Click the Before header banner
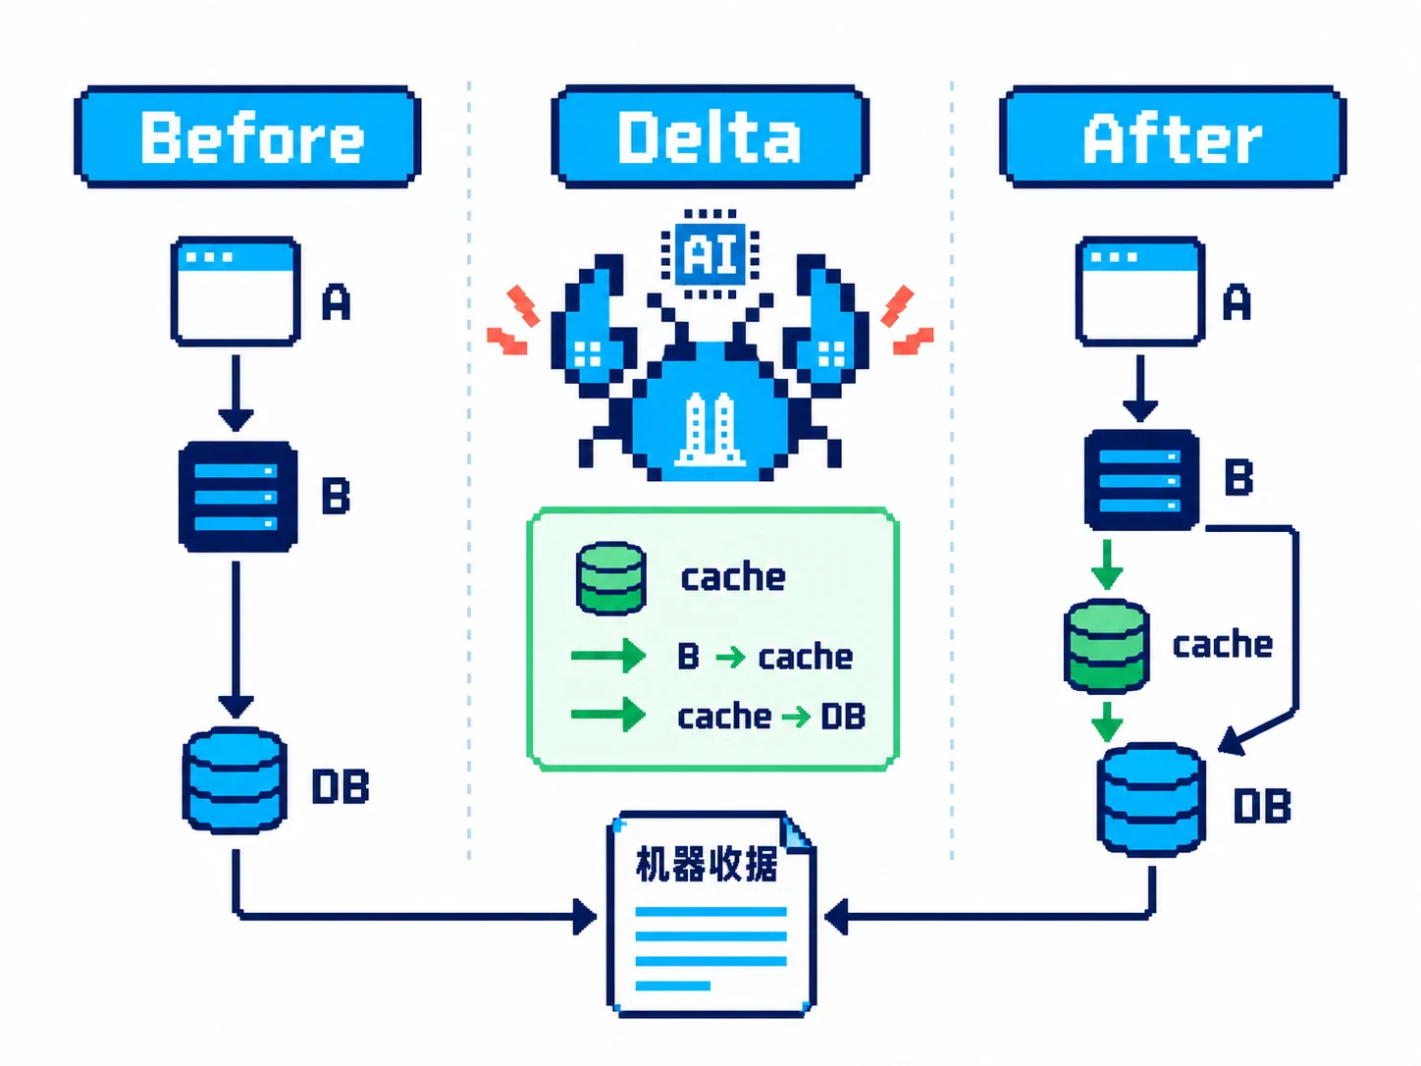pyautogui.click(x=248, y=136)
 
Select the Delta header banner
pyautogui.click(x=710, y=136)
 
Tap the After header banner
pyautogui.click(x=1173, y=136)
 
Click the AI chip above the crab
pyautogui.click(x=710, y=254)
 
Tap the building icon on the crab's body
pyautogui.click(x=710, y=429)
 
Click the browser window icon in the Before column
pyautogui.click(x=236, y=292)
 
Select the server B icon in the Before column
pyautogui.click(x=237, y=497)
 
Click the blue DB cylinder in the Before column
pyautogui.click(x=235, y=780)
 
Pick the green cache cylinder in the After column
pyautogui.click(x=1106, y=646)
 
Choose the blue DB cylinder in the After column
pyautogui.click(x=1151, y=800)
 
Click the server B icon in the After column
pyautogui.click(x=1141, y=480)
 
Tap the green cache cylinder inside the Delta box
pyautogui.click(x=611, y=578)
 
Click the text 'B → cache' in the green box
pyautogui.click(x=764, y=657)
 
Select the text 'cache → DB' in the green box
pyautogui.click(x=771, y=717)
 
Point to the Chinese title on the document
pyautogui.click(x=707, y=864)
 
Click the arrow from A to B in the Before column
pyautogui.click(x=236, y=393)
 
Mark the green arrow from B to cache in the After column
pyautogui.click(x=1107, y=565)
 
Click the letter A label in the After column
pyautogui.click(x=1237, y=301)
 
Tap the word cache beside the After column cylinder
pyautogui.click(x=1222, y=644)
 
